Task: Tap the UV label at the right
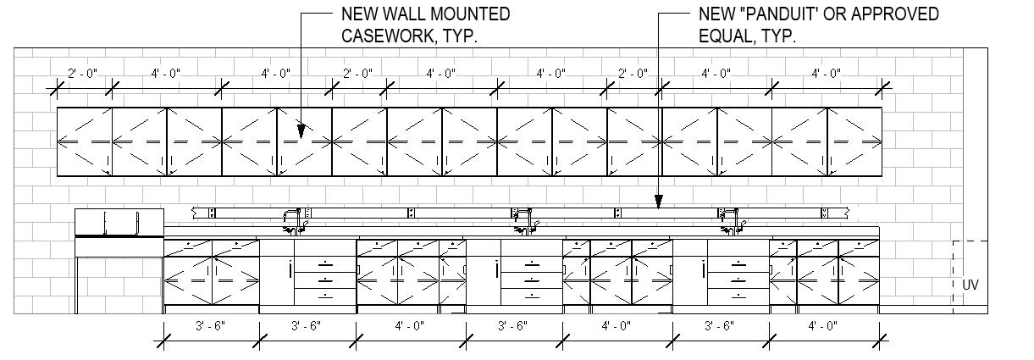pyautogui.click(x=970, y=285)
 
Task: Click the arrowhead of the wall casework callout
pyautogui.click(x=301, y=132)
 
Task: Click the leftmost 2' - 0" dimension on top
pyautogui.click(x=82, y=74)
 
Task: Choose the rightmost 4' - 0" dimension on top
pyautogui.click(x=826, y=74)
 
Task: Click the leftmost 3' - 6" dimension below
pyautogui.click(x=211, y=325)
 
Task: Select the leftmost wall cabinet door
pyautogui.click(x=85, y=141)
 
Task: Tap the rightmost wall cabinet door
pyautogui.click(x=855, y=141)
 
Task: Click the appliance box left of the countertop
pyautogui.click(x=119, y=223)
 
